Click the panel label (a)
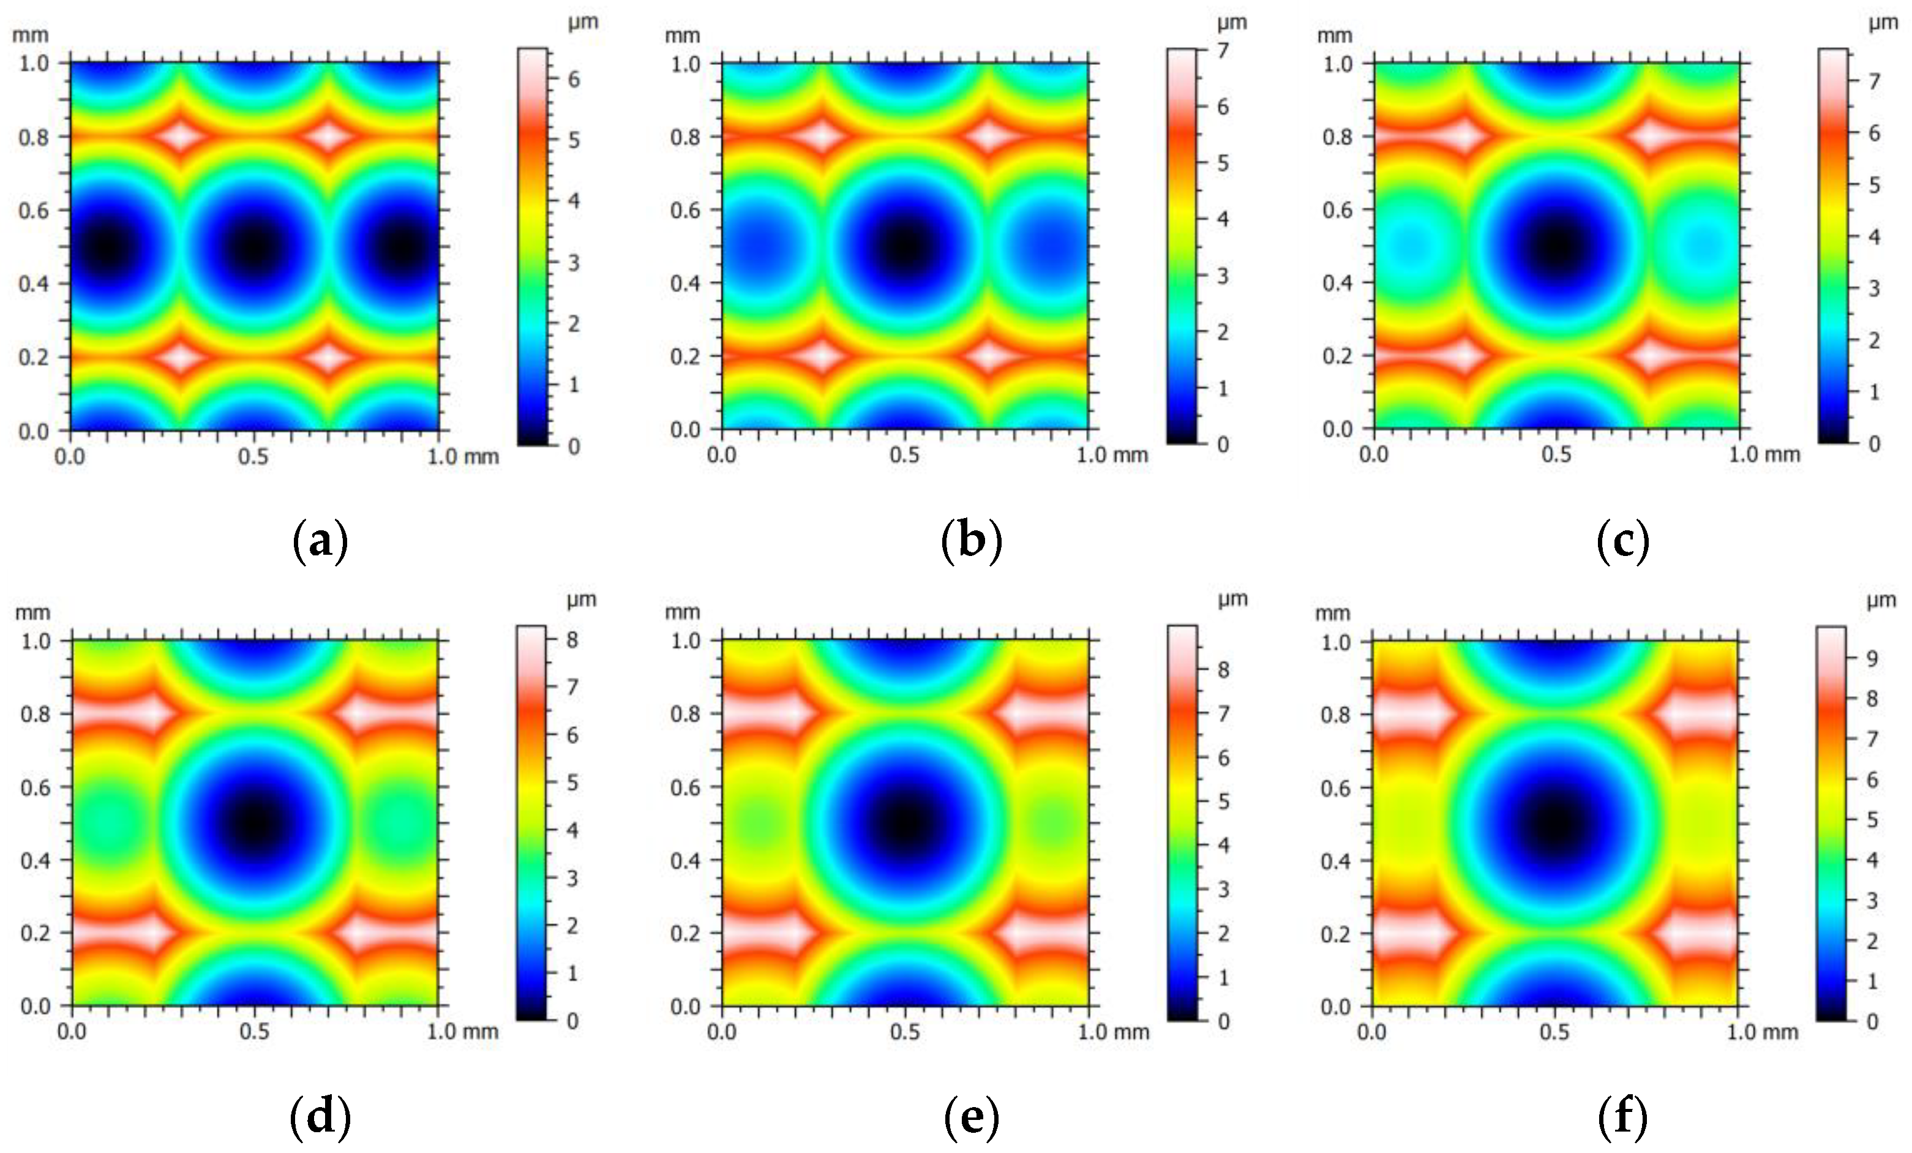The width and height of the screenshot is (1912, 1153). tap(320, 541)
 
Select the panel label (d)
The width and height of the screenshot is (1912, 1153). tap(320, 1118)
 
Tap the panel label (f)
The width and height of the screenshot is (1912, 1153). tap(1622, 1118)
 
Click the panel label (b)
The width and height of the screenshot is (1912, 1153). tap(972, 541)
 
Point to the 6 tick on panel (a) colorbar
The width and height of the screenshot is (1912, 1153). tap(574, 79)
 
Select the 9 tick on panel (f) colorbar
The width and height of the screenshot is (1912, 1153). tap(1872, 659)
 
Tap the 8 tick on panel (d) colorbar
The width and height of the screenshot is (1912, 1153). tap(572, 640)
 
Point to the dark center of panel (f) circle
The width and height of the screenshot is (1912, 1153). tap(1554, 824)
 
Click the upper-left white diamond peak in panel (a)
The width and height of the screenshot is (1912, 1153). tap(180, 136)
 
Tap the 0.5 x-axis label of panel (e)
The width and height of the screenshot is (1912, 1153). tap(905, 1032)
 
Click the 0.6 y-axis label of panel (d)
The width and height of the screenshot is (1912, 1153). tap(36, 787)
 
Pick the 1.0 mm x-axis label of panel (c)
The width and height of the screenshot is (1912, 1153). tap(1764, 455)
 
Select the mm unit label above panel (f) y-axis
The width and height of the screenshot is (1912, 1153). tap(1332, 613)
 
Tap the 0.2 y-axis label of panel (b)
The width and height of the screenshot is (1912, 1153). tap(685, 356)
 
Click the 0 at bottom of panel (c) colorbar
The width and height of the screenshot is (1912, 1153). tap(1874, 444)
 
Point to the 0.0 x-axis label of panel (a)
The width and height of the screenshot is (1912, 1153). tap(70, 456)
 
